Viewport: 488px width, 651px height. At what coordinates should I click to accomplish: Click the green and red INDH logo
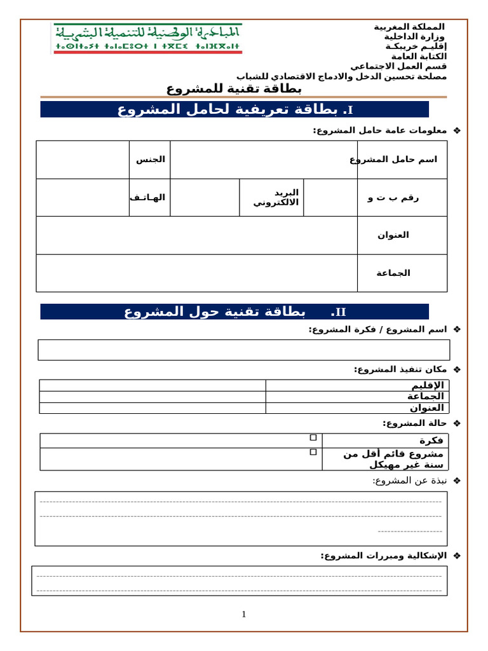[x=147, y=39]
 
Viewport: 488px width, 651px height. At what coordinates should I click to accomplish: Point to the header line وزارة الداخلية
[x=414, y=37]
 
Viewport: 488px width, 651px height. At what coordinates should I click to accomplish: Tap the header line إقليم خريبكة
[x=416, y=46]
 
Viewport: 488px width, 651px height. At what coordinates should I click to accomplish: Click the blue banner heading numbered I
[x=234, y=109]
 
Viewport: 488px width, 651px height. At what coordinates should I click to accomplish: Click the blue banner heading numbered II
[x=234, y=312]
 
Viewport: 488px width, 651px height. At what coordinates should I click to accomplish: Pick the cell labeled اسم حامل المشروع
[x=402, y=160]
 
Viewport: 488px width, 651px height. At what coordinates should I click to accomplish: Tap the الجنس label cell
[x=150, y=160]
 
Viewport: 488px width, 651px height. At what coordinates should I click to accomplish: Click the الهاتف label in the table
[x=148, y=198]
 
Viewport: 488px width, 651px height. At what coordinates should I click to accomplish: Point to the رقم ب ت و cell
[x=393, y=198]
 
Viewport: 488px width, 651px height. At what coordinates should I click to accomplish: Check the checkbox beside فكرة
[x=313, y=437]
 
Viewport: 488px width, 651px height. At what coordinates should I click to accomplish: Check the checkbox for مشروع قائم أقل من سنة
[x=313, y=452]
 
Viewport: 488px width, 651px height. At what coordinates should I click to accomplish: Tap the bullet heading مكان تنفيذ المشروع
[x=400, y=369]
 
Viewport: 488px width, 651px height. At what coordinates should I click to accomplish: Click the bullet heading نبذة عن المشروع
[x=410, y=481]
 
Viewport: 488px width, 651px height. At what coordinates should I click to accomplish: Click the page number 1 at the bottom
[x=243, y=614]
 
